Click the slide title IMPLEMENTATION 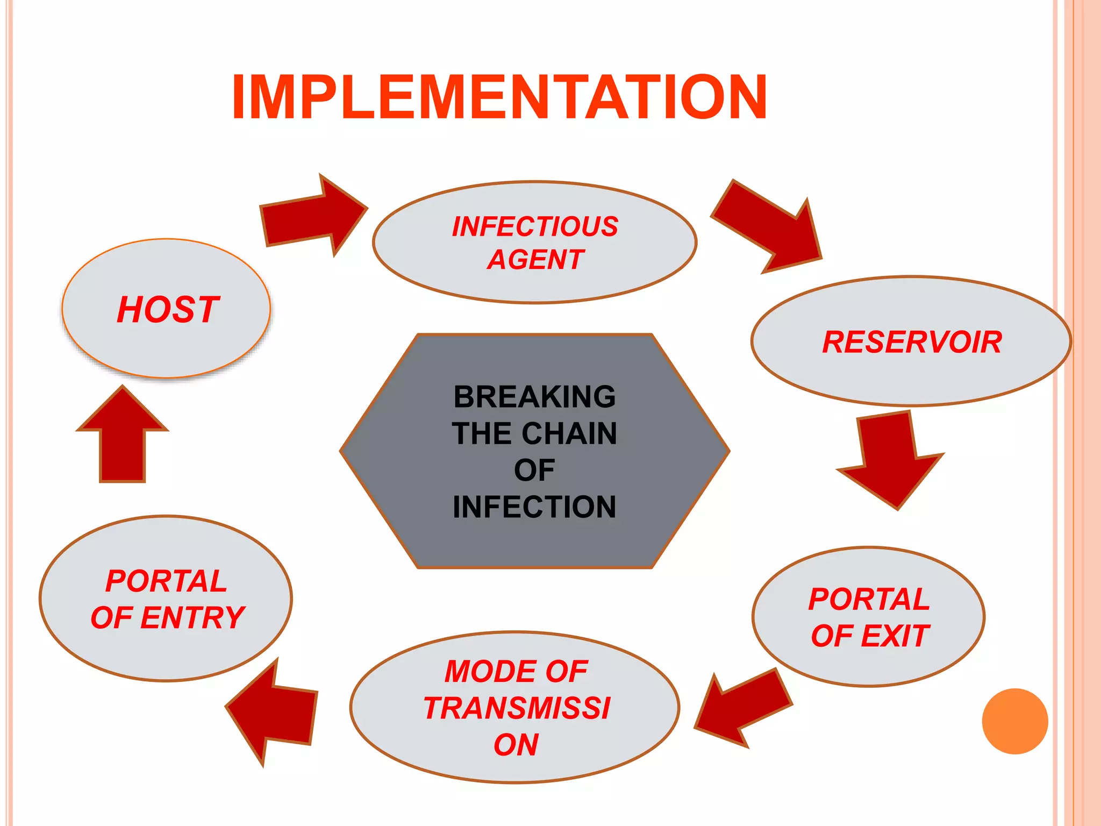[x=499, y=97]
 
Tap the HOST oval [x=166, y=309]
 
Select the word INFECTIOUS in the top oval [x=535, y=226]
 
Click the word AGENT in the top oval [x=535, y=260]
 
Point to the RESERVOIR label [x=912, y=342]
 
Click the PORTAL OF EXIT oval [x=869, y=617]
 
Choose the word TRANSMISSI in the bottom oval [x=517, y=708]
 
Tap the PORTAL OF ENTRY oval [x=166, y=599]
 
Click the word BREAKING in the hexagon [x=534, y=397]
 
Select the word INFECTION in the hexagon [x=534, y=507]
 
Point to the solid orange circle [x=1014, y=721]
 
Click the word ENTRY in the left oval [x=192, y=617]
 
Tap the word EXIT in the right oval [x=895, y=636]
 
